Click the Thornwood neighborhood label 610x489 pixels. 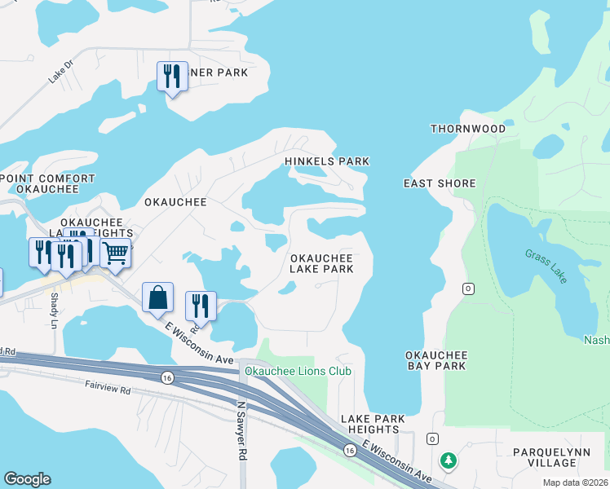coord(467,129)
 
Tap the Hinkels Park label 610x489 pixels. coord(327,161)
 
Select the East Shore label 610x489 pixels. coord(440,183)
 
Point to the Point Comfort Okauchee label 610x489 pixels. coord(39,183)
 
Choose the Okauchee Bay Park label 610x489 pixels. coord(436,360)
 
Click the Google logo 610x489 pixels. coord(27,479)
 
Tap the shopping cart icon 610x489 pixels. coord(116,253)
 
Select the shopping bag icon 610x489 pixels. coord(157,297)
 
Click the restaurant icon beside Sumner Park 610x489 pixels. coord(172,77)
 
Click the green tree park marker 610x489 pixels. coord(448,461)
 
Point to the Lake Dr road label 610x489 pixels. coord(60,72)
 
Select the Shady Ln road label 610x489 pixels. coord(55,311)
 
